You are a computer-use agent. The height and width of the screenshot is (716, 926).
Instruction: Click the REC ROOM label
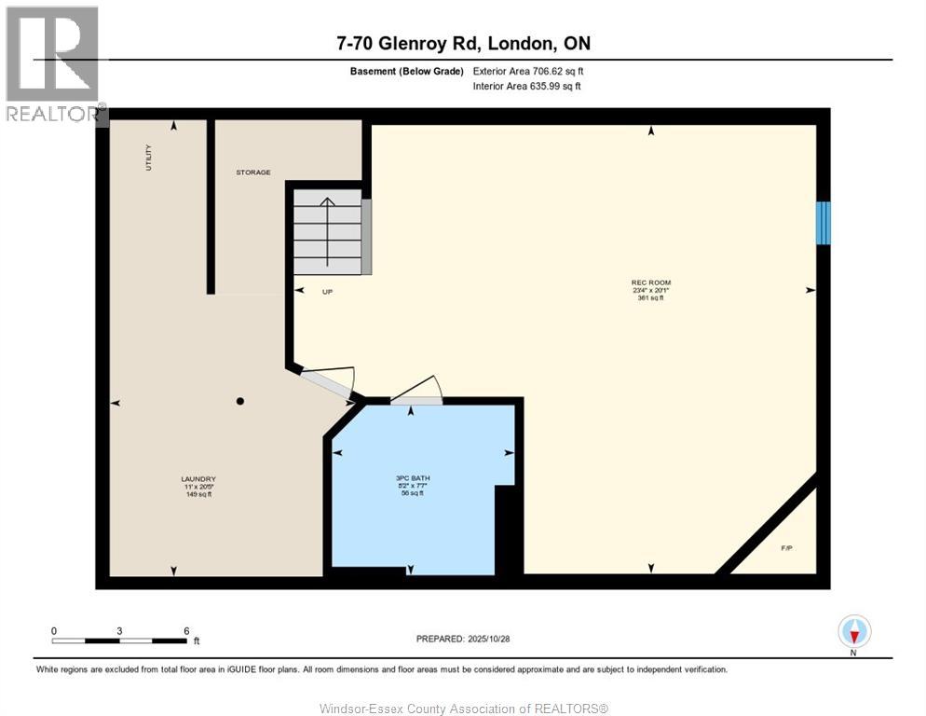pos(650,282)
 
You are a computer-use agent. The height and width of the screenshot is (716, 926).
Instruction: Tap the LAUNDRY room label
pos(197,479)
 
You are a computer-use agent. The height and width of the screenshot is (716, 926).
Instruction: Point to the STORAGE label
pos(252,172)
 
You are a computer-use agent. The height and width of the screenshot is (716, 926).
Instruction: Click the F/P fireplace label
pos(786,547)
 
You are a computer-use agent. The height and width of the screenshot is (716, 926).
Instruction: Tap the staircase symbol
pos(328,231)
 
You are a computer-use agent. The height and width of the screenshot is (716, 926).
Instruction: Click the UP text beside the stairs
pos(327,292)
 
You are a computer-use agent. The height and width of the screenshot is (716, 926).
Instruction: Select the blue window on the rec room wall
pos(823,224)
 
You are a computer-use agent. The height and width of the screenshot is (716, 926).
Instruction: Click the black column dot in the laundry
pos(239,401)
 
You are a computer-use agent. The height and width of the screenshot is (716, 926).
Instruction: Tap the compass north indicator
pos(853,633)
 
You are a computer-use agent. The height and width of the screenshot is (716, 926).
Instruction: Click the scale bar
pos(119,640)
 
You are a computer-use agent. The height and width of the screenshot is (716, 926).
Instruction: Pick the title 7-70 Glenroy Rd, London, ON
pos(463,44)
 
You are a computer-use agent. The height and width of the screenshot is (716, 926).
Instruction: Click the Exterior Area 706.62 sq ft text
pos(528,71)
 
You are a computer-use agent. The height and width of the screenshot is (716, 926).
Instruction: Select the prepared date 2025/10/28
pos(462,639)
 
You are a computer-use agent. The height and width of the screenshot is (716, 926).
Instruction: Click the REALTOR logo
pos(52,63)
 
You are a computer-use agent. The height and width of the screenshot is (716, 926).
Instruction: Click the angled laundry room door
pos(326,385)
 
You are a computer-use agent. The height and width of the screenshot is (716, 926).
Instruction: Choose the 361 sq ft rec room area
pos(650,298)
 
